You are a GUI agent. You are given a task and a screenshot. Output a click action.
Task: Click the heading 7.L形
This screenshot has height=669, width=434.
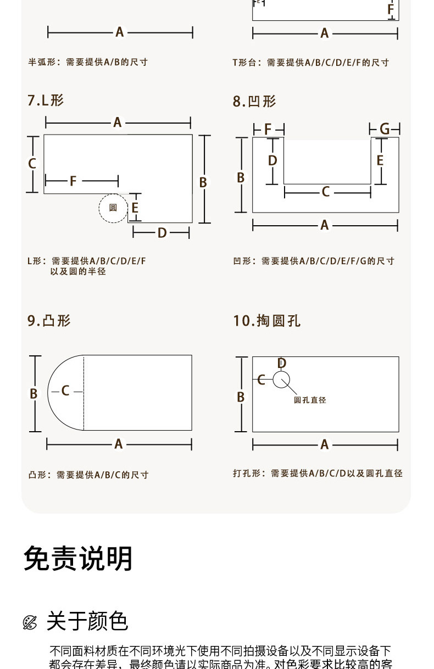[x=46, y=101]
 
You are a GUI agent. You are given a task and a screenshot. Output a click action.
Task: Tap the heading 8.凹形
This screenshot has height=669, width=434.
[x=254, y=102]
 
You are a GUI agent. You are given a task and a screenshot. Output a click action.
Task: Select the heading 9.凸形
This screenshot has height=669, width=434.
[x=49, y=320]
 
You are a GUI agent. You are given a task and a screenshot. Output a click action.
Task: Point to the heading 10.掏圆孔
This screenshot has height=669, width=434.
[x=266, y=321]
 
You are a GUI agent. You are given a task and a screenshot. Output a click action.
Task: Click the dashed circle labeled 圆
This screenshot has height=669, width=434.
[x=113, y=208]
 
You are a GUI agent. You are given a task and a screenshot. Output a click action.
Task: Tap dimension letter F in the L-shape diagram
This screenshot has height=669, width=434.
[x=73, y=181]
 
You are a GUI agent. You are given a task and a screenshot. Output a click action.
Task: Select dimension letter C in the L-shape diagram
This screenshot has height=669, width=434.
[x=32, y=163]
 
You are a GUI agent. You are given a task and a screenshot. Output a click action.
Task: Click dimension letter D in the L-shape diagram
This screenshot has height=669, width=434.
[x=162, y=233]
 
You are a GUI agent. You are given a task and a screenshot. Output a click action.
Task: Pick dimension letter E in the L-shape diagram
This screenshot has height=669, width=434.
[x=135, y=208]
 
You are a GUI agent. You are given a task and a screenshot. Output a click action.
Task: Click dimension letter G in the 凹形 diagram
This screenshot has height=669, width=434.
[x=385, y=129]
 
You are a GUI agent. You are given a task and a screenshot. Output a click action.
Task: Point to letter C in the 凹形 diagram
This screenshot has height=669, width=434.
[x=326, y=192]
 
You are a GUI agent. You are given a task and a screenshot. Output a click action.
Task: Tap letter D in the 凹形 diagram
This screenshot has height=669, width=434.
[x=272, y=160]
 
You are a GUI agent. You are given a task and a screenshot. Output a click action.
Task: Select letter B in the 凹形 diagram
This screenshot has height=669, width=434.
[x=241, y=177]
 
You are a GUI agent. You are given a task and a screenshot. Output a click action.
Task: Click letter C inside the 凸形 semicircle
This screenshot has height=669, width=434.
[x=65, y=391]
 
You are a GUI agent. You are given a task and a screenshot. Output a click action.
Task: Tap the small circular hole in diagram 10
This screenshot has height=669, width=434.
[x=281, y=379]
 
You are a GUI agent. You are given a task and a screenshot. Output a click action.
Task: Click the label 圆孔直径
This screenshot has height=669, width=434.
[x=310, y=400]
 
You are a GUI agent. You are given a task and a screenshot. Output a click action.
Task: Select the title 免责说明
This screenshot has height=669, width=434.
[x=78, y=559]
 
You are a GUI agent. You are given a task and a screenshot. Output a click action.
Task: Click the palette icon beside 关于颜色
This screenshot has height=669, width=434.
[x=30, y=622]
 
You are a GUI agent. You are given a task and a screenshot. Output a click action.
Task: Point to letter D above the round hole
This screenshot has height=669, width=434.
[x=282, y=364]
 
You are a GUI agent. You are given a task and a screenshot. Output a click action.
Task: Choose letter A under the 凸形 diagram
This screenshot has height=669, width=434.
[x=119, y=444]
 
